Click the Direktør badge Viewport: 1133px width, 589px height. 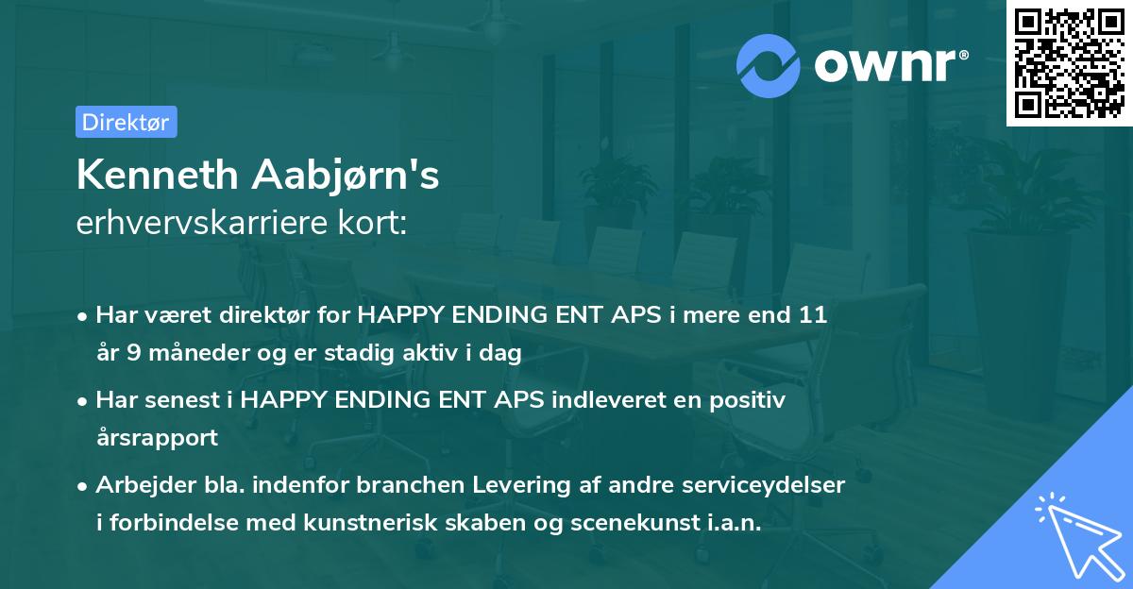(x=126, y=122)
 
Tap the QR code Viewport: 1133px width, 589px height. (x=1069, y=63)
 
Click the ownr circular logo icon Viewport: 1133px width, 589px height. (x=769, y=64)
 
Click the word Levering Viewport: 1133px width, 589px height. (x=534, y=485)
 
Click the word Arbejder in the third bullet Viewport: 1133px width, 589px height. (x=138, y=485)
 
